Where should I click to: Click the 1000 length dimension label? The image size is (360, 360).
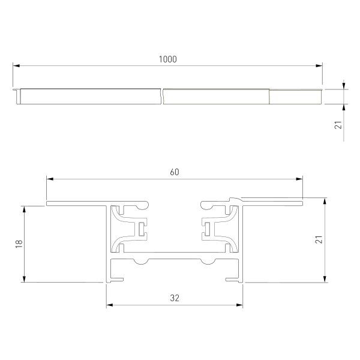(x=168, y=59)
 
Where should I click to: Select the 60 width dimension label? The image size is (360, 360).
(x=175, y=172)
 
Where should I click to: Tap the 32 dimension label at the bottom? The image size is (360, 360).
(x=175, y=298)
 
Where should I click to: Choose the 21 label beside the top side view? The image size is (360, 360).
(x=338, y=125)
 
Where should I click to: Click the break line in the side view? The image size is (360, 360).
(x=163, y=96)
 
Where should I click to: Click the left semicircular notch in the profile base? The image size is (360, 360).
(x=142, y=261)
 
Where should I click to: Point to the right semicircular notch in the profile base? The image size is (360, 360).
(x=208, y=261)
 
